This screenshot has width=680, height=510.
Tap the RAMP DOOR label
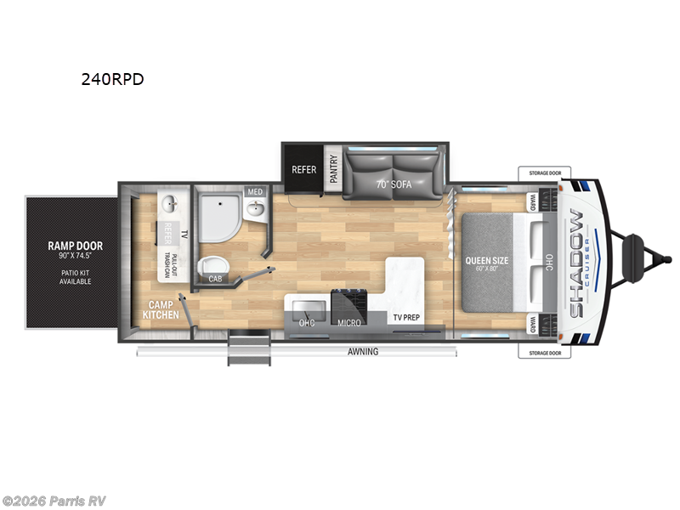[68, 246]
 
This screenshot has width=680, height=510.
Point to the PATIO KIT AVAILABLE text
[68, 277]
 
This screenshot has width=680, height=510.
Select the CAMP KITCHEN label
[161, 309]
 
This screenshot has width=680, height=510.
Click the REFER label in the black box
[303, 169]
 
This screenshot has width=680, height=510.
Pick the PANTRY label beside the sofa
[333, 169]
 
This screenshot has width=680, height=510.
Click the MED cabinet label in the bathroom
[254, 192]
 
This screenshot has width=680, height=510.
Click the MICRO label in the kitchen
[348, 323]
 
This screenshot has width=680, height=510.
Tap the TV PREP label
[406, 318]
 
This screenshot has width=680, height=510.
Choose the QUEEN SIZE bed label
[486, 261]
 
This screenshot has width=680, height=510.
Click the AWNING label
[363, 351]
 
